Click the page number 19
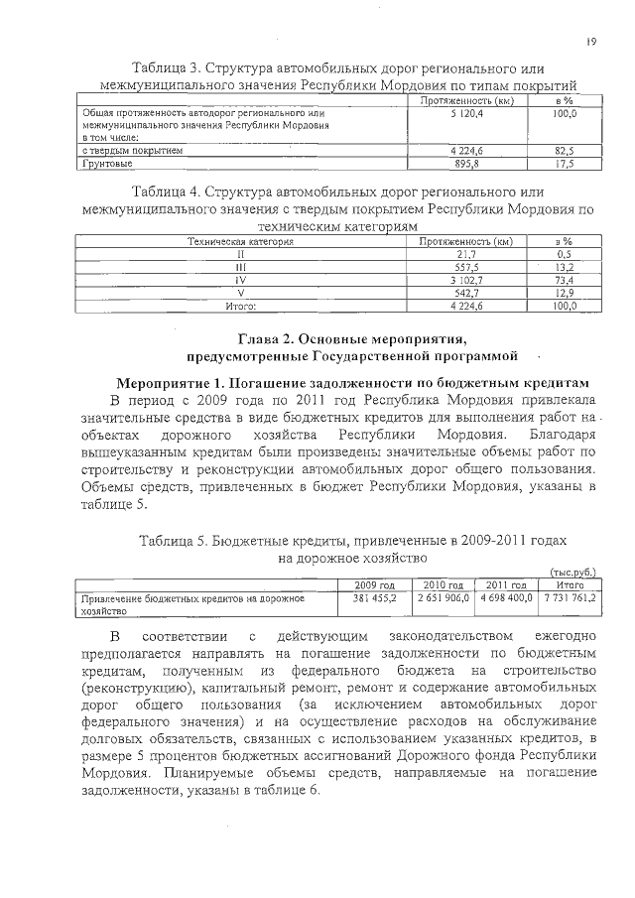[591, 41]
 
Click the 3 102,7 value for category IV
[465, 281]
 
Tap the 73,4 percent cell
[566, 281]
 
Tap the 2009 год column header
[375, 585]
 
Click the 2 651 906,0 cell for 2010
[443, 599]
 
